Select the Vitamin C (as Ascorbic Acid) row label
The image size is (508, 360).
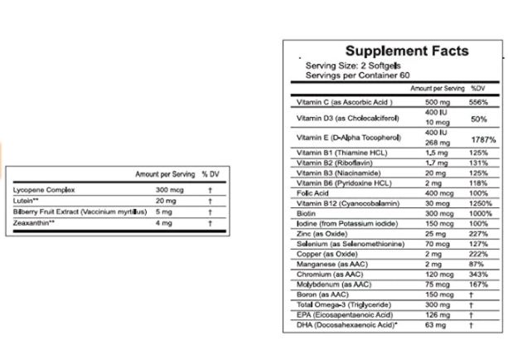pos(344,103)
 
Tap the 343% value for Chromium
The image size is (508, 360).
pos(480,272)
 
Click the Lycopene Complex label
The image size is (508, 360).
pos(44,190)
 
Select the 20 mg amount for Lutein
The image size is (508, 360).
pos(165,201)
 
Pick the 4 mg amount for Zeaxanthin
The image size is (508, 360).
pos(163,222)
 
